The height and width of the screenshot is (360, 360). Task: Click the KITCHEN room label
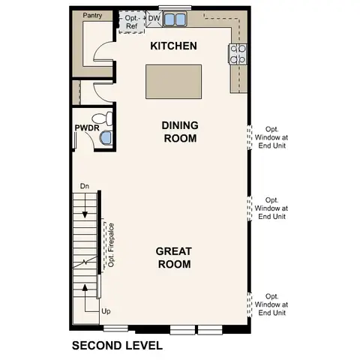tap(173, 46)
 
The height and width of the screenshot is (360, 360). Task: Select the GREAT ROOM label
tap(173, 257)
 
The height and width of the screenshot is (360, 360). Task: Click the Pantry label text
tap(92, 15)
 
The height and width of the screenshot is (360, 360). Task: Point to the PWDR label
tap(85, 128)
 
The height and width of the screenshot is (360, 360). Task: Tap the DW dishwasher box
tap(154, 17)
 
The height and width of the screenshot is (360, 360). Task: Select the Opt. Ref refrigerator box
tap(131, 21)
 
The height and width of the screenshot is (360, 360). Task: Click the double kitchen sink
tap(176, 18)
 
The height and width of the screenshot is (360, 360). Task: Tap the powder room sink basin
tap(105, 138)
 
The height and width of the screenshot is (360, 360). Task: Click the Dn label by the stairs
tap(85, 185)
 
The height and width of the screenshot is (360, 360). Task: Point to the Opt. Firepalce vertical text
tap(110, 244)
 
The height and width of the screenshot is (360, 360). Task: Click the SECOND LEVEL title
tap(116, 346)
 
